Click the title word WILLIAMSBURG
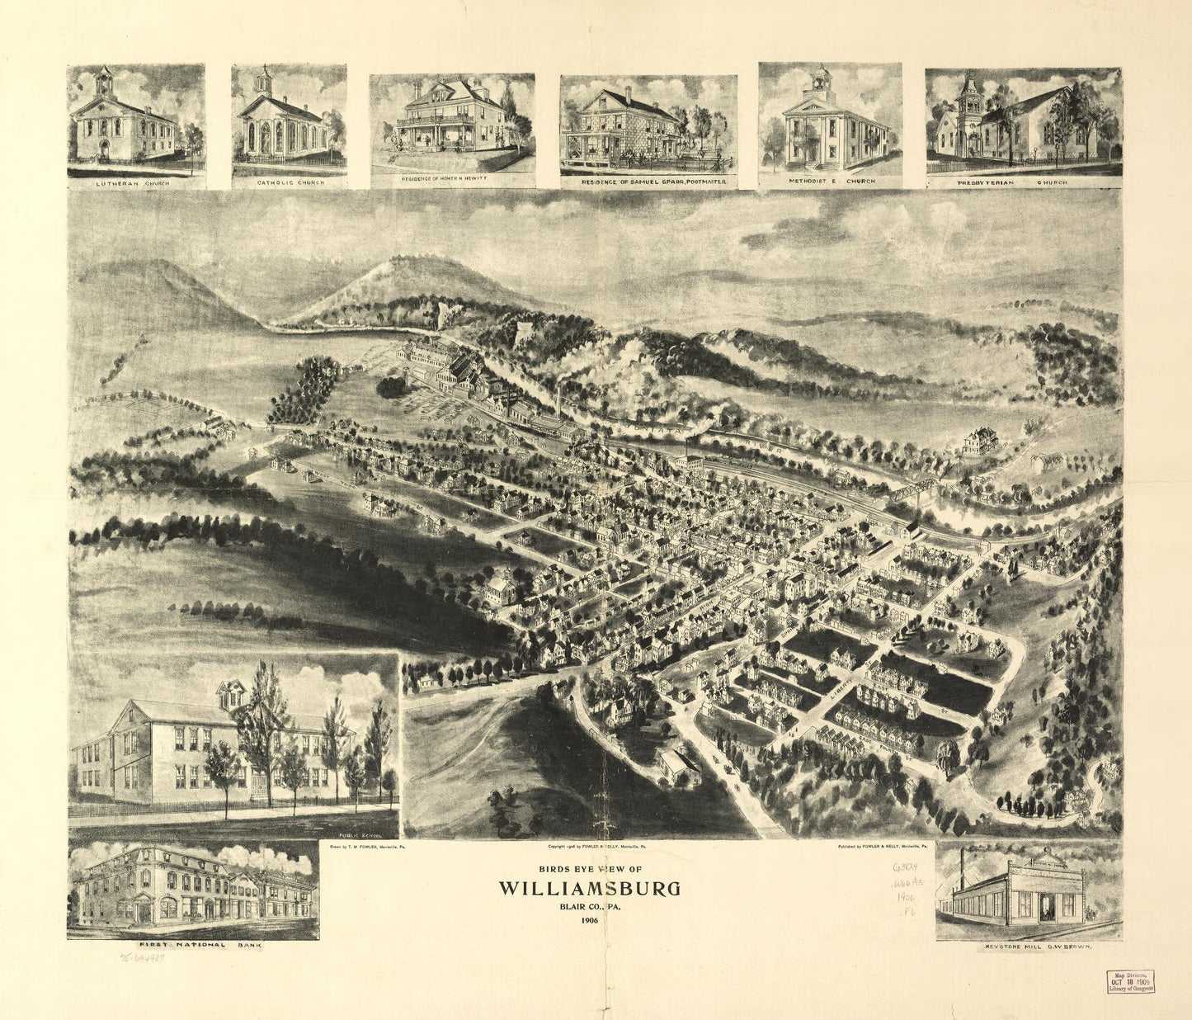pyautogui.click(x=589, y=889)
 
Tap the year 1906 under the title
pyautogui.click(x=589, y=920)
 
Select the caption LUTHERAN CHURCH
pyautogui.click(x=135, y=183)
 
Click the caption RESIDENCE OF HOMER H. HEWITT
pyautogui.click(x=451, y=178)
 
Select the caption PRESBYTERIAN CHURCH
pyautogui.click(x=1023, y=182)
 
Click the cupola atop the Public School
pyautogui.click(x=233, y=693)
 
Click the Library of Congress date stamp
pyautogui.click(x=1129, y=980)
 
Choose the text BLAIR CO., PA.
pyautogui.click(x=589, y=907)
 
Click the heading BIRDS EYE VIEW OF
pyautogui.click(x=589, y=869)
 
